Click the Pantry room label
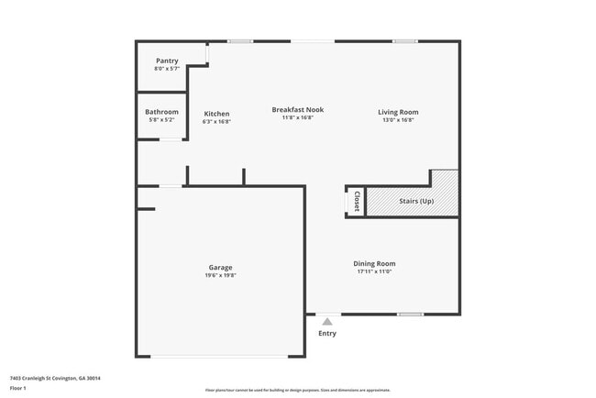[167, 61]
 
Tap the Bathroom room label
[163, 112]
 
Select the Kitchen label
[216, 114]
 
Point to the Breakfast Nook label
[297, 110]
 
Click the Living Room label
[398, 112]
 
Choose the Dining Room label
[374, 263]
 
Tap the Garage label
[220, 267]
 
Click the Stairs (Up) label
[416, 200]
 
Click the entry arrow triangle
[327, 321]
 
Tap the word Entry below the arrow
[327, 333]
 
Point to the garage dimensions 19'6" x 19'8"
[220, 275]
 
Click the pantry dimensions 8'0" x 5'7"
[167, 69]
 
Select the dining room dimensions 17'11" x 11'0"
[374, 271]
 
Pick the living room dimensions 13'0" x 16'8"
[398, 120]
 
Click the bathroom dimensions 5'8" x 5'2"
[163, 120]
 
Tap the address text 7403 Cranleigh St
[55, 378]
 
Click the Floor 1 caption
[18, 388]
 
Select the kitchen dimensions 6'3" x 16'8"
[216, 122]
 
